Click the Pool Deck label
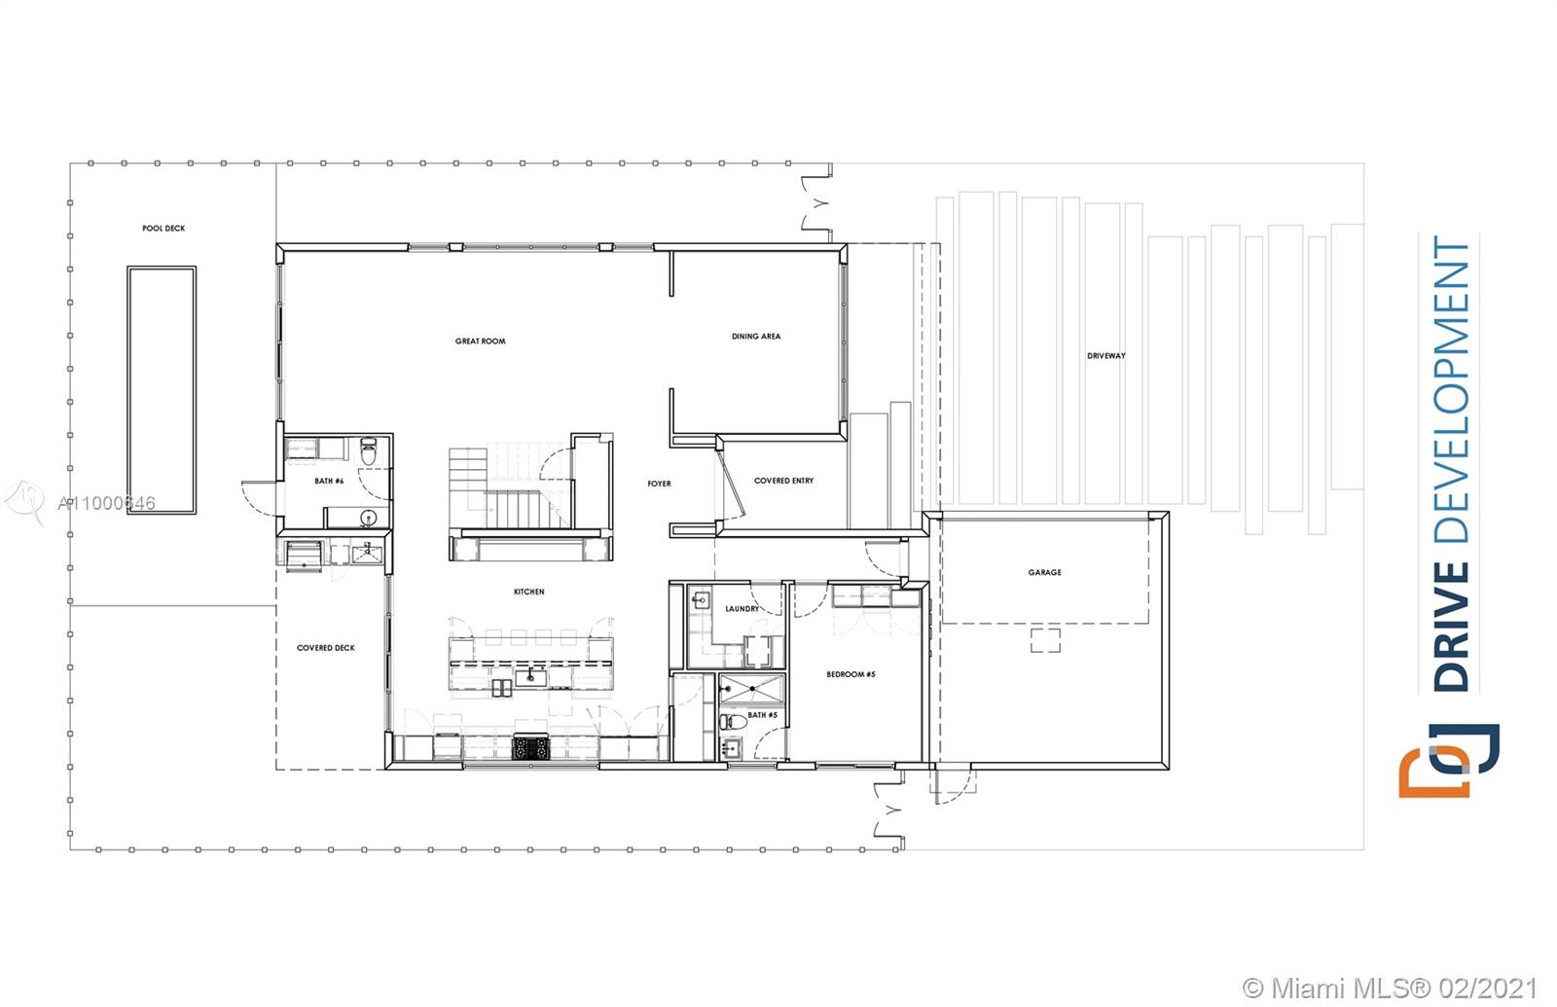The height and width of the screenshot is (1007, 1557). pyautogui.click(x=163, y=229)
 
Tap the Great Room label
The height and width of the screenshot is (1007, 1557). pyautogui.click(x=481, y=342)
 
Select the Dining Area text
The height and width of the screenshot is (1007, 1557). pyautogui.click(x=756, y=337)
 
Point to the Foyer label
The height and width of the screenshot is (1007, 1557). pyautogui.click(x=660, y=484)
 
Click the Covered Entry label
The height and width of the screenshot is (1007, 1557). pyautogui.click(x=783, y=481)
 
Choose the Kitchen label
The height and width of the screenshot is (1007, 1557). pyautogui.click(x=529, y=592)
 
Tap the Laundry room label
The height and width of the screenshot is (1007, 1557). pyautogui.click(x=742, y=609)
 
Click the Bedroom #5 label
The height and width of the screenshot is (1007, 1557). pyautogui.click(x=851, y=674)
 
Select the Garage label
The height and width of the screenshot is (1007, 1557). pyautogui.click(x=1045, y=572)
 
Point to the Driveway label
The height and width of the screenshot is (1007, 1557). pyautogui.click(x=1106, y=356)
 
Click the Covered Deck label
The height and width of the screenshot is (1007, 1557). pyautogui.click(x=326, y=648)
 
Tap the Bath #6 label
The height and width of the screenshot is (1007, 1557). pyautogui.click(x=329, y=481)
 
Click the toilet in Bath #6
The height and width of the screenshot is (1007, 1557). pyautogui.click(x=369, y=452)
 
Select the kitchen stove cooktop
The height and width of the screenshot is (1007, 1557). pyautogui.click(x=529, y=748)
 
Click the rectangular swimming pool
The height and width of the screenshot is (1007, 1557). pyautogui.click(x=162, y=389)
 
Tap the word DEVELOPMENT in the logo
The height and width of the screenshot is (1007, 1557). pyautogui.click(x=1451, y=389)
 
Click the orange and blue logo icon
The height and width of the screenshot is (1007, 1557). pyautogui.click(x=1449, y=760)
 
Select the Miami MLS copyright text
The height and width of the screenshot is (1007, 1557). pyautogui.click(x=1391, y=988)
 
